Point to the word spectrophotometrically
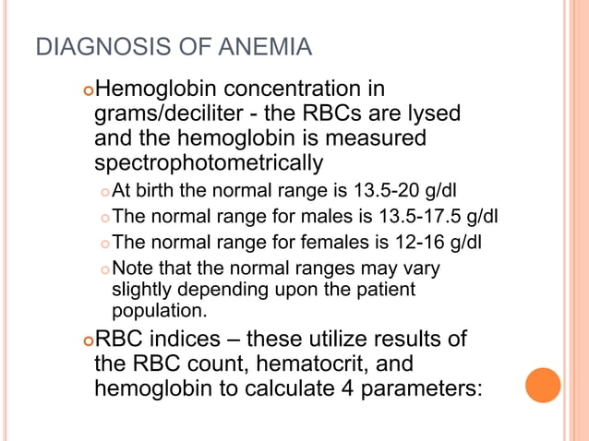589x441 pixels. (209, 164)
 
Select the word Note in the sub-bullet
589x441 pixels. (130, 268)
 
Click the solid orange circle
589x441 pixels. (543, 385)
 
